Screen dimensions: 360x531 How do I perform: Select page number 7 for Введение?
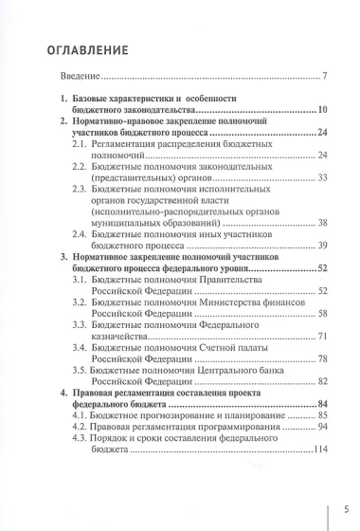click(x=324, y=77)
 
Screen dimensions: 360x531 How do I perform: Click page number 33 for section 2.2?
click(x=322, y=177)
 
